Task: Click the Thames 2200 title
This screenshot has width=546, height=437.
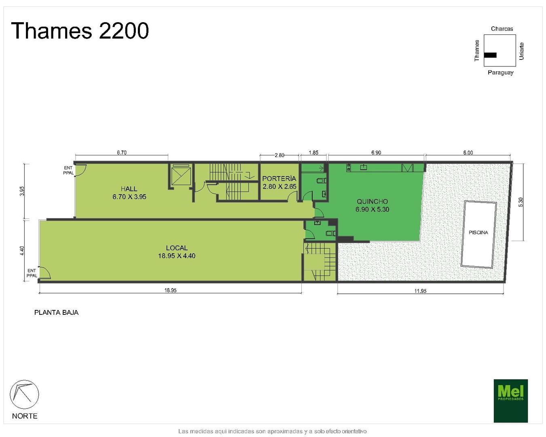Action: coord(80,30)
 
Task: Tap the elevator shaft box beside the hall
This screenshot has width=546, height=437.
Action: coord(181,176)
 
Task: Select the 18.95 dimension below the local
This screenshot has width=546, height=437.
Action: coord(171,290)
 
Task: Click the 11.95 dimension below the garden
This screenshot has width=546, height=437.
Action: coord(420,291)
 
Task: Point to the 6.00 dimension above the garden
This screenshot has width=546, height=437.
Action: coord(468,153)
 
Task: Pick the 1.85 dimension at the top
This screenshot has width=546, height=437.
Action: coord(313,153)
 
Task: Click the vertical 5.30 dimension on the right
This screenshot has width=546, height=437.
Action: coord(521,202)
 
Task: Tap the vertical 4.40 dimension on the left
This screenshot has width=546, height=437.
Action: coord(22,251)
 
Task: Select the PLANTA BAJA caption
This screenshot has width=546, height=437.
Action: coord(56,313)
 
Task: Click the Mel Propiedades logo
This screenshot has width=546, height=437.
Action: coord(511,401)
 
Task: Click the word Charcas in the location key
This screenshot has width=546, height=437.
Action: coord(502,29)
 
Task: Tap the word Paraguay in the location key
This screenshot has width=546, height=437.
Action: coord(501,72)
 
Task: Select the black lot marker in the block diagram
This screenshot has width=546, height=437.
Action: coord(490,55)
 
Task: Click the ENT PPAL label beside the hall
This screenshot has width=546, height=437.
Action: coord(68,170)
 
